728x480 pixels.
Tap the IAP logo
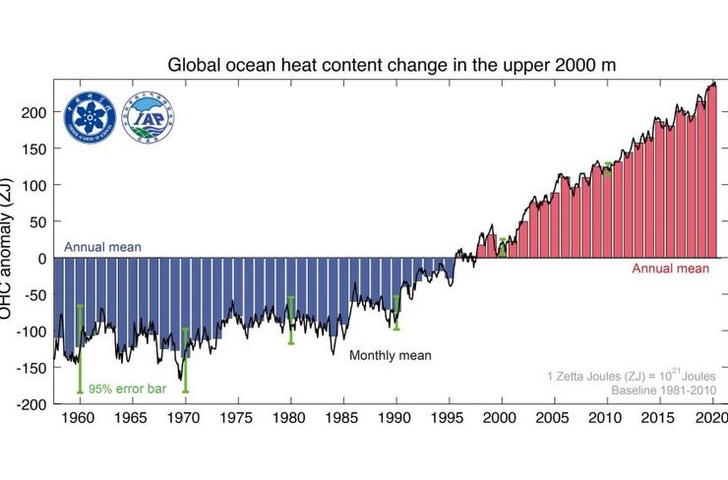pyautogui.click(x=150, y=117)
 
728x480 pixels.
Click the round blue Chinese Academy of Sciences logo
pyautogui.click(x=91, y=117)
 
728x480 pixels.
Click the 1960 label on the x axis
pyautogui.click(x=79, y=418)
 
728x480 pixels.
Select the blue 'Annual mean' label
pyautogui.click(x=103, y=248)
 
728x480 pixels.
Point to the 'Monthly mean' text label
pyautogui.click(x=391, y=355)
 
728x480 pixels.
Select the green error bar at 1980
pyautogui.click(x=290, y=320)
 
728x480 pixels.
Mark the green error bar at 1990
pyautogui.click(x=396, y=312)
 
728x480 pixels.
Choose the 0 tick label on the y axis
pyautogui.click(x=39, y=259)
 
